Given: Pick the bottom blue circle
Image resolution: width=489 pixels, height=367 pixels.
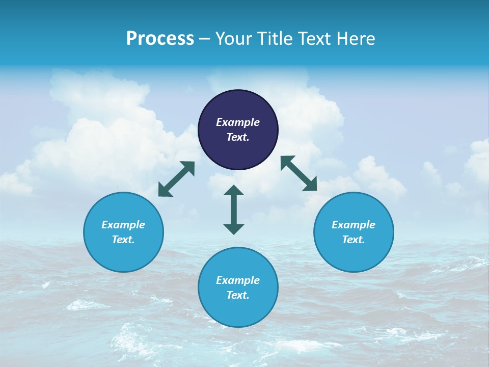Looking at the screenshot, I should (x=238, y=311).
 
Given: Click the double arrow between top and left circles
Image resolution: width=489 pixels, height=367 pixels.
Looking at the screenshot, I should (x=176, y=179).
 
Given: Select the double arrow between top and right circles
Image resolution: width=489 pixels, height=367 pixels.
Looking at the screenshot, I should (x=298, y=173).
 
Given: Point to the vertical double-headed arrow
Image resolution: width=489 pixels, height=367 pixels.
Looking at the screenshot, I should (x=234, y=209).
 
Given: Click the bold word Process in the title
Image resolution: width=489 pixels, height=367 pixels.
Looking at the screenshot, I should (x=160, y=38).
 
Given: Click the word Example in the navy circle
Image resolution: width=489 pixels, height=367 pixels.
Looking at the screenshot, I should (x=238, y=122).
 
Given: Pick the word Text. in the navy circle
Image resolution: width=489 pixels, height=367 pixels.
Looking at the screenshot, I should (x=238, y=137).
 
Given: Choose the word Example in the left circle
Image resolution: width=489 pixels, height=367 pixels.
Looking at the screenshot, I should (x=123, y=225).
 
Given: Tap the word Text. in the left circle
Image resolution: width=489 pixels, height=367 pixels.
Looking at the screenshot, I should (x=123, y=240).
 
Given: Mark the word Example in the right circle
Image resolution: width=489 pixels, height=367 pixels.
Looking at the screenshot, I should (x=354, y=225).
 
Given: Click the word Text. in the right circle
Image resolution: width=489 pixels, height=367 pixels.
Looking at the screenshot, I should (x=354, y=240).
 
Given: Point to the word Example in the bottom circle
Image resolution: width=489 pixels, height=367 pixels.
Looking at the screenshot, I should (x=238, y=280).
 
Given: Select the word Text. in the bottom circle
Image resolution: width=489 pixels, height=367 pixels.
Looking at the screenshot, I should (x=238, y=295).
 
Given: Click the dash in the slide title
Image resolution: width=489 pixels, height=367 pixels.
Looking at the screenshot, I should (x=205, y=38).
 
